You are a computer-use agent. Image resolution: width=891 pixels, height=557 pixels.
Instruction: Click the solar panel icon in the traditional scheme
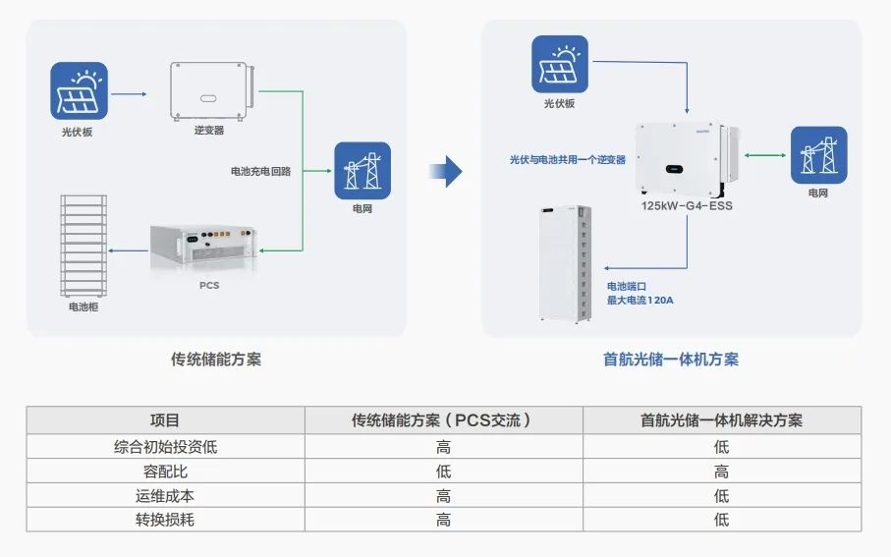click(80, 90)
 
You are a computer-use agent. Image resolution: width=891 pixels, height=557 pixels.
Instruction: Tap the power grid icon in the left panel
click(362, 171)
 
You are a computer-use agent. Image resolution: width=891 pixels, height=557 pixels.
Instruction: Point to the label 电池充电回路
click(260, 171)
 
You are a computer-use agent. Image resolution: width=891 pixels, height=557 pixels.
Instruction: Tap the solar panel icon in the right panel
click(560, 64)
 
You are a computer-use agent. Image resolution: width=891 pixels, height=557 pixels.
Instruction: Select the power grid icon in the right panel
click(818, 155)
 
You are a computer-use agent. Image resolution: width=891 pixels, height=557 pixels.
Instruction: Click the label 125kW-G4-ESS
click(686, 206)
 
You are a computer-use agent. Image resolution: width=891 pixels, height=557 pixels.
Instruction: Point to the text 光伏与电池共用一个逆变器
click(567, 159)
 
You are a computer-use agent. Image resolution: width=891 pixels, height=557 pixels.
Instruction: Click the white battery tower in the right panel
click(564, 263)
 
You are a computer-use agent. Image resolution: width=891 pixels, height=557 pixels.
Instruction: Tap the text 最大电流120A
click(640, 300)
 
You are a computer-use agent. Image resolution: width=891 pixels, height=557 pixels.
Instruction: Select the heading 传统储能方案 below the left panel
click(216, 360)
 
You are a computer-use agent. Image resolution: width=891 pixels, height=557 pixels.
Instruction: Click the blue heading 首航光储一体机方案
click(671, 360)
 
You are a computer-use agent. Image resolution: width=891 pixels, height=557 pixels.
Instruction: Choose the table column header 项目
click(165, 420)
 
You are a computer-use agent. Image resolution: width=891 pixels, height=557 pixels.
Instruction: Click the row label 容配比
click(165, 471)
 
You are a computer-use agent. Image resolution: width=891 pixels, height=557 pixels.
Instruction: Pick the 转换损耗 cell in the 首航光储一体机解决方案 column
click(721, 520)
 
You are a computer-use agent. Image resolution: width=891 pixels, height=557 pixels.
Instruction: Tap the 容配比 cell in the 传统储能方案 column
click(443, 471)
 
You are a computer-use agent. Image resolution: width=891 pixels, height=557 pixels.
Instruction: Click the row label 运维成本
click(165, 495)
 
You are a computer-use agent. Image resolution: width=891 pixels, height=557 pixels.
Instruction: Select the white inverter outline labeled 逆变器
click(211, 92)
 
